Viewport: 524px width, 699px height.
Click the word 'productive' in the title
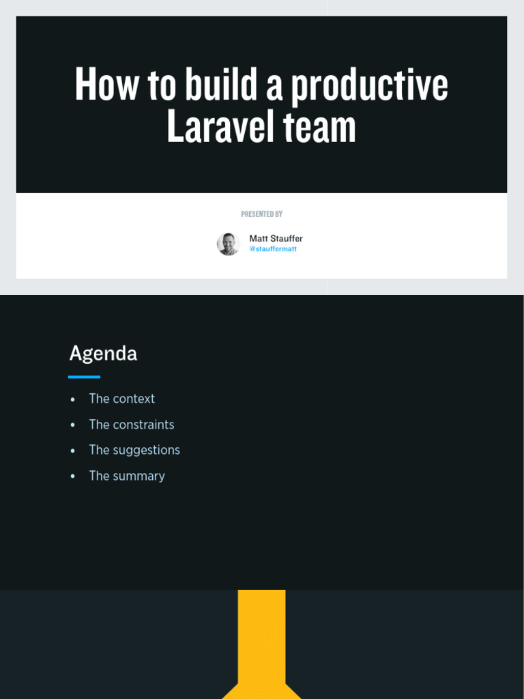click(x=370, y=85)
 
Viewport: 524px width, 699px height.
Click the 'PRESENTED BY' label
click(x=261, y=214)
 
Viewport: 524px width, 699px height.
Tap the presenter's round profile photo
click(x=228, y=244)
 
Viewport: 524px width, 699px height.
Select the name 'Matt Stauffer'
click(x=276, y=238)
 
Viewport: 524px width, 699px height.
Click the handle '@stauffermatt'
click(x=273, y=249)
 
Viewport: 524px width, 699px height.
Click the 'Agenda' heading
click(x=103, y=354)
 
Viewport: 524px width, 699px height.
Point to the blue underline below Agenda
click(x=84, y=377)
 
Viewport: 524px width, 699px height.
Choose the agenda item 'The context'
click(x=121, y=399)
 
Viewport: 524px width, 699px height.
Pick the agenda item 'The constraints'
click(x=131, y=425)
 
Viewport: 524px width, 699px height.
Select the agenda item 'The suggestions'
click(x=134, y=450)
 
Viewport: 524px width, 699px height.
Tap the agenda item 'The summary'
click(x=126, y=476)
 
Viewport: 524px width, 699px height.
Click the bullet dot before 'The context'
click(x=72, y=399)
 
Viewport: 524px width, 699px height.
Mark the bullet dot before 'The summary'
click(x=72, y=476)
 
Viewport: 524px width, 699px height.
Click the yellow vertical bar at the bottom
click(x=261, y=635)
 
